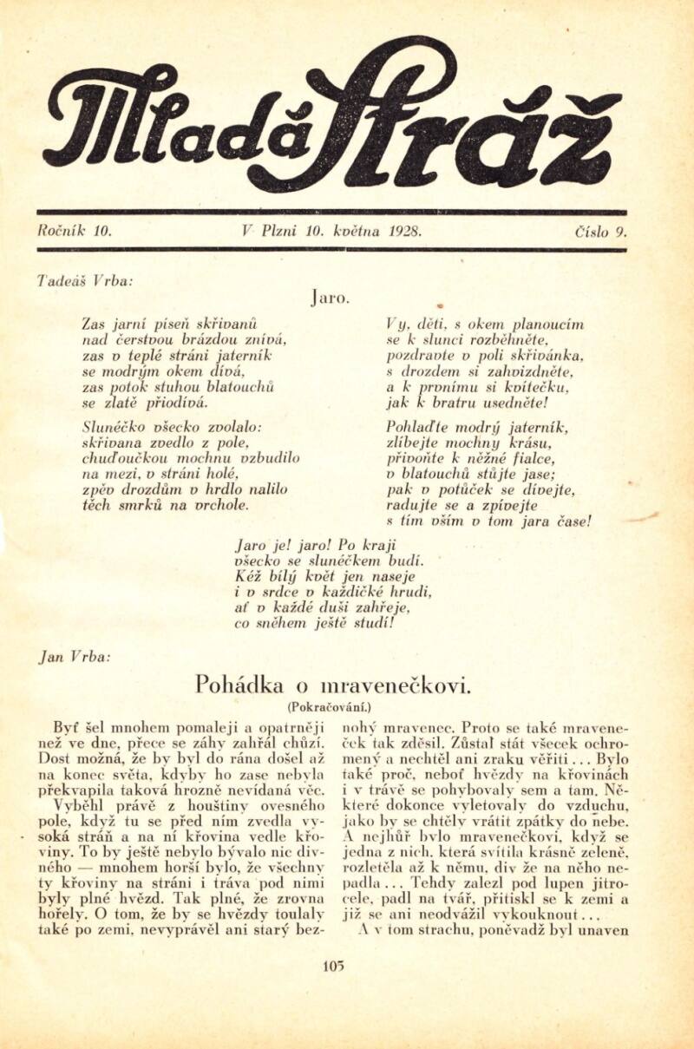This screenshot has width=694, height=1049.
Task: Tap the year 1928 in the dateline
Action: [x=403, y=233]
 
